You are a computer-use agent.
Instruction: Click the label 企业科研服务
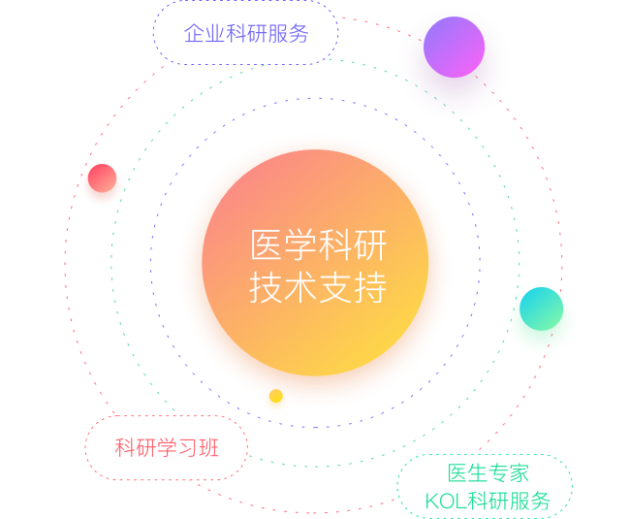[x=246, y=33]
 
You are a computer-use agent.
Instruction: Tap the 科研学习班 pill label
[x=167, y=448]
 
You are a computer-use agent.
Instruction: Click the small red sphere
[x=102, y=182]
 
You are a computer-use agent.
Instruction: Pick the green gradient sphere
[x=541, y=310]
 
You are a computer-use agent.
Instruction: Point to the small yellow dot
[x=275, y=398]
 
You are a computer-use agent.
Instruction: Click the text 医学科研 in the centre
[x=318, y=245]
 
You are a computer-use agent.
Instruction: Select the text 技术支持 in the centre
[x=318, y=288]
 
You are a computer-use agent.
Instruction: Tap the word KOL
[x=446, y=502]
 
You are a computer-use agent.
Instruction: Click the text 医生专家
[x=488, y=473]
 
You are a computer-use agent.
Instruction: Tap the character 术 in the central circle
[x=300, y=288]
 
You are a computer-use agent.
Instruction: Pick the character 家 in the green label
[x=520, y=473]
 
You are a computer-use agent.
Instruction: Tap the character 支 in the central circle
[x=335, y=288]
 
